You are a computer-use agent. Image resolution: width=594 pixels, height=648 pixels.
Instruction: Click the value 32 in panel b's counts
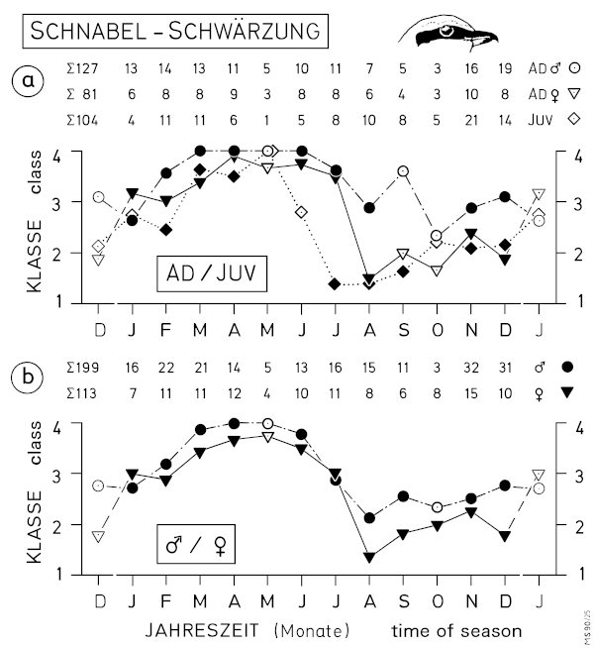(x=470, y=368)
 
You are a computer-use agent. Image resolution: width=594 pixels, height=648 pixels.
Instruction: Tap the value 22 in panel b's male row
(x=165, y=368)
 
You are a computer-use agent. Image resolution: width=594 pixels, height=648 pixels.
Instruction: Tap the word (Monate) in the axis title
(x=309, y=629)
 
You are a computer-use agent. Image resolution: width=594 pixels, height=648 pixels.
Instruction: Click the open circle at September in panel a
(x=403, y=171)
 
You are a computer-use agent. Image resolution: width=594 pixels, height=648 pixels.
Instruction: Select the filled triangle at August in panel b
(x=369, y=558)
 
